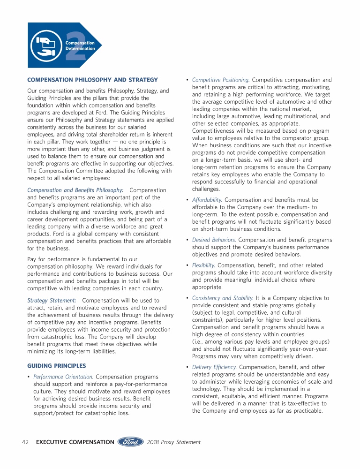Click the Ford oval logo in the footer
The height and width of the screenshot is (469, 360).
130,442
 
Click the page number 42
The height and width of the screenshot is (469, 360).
26,442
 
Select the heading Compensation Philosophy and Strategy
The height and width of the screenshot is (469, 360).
93,80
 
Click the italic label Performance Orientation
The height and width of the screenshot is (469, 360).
63,377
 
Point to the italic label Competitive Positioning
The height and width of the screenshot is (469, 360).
221,80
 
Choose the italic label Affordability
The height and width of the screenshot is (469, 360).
207,200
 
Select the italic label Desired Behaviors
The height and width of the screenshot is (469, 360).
214,240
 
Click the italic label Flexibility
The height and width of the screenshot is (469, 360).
203,265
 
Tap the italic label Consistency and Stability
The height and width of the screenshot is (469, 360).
223,298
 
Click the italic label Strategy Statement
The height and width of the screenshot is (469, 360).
52,300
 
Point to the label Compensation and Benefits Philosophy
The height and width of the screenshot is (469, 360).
75,190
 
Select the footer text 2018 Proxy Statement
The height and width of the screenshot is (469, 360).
173,442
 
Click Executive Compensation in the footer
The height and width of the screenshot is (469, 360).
75,442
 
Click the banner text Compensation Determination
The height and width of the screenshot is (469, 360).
80,45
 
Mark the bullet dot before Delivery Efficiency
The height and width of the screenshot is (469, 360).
188,367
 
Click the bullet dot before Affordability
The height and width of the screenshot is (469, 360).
188,200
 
